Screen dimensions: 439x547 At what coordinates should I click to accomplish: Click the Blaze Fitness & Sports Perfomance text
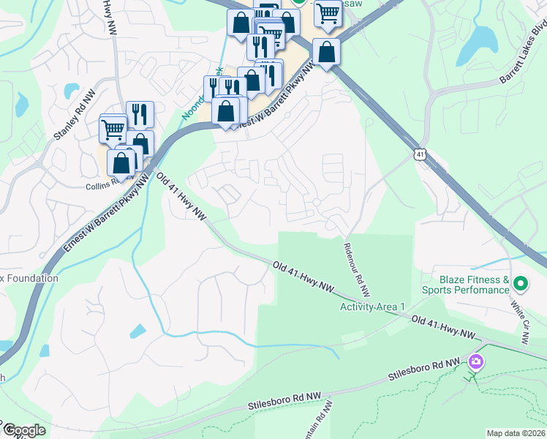click(474, 285)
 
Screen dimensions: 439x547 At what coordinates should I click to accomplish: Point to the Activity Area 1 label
click(371, 306)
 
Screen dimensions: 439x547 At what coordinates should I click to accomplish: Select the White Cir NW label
click(520, 322)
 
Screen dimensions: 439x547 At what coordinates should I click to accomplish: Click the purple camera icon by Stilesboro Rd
click(475, 361)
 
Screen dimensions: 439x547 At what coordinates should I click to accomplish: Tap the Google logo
click(24, 430)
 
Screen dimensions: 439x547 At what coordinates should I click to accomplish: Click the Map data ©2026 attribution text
click(515, 433)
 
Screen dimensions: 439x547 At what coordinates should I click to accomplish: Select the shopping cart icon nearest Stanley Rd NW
click(113, 130)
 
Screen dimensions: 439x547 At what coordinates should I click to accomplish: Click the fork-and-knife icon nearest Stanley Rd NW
click(140, 114)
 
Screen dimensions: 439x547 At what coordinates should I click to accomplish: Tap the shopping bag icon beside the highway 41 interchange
click(326, 52)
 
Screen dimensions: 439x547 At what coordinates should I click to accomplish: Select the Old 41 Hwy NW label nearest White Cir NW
click(443, 327)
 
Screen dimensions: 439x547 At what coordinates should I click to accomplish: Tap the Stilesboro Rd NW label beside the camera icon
click(426, 370)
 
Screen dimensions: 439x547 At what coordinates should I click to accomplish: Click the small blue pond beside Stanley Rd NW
click(71, 91)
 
